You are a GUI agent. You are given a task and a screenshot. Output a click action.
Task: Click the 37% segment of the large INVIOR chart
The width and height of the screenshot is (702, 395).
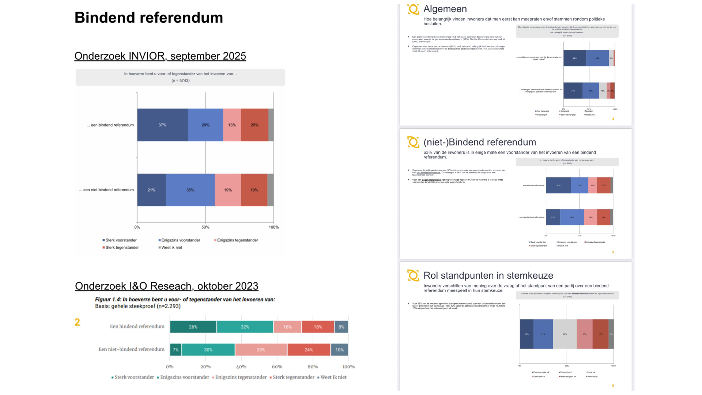(162, 125)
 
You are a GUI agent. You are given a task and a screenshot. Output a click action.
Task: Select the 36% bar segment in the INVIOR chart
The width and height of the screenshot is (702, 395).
(190, 190)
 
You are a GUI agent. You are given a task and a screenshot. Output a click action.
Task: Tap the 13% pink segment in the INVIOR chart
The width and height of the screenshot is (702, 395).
(232, 125)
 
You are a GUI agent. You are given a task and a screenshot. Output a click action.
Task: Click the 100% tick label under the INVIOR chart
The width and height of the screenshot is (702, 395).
(273, 227)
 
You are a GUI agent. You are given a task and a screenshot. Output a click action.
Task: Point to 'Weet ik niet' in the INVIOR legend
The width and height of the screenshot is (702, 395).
(171, 248)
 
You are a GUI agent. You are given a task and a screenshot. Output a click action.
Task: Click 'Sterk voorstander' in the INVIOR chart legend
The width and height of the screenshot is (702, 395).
(121, 240)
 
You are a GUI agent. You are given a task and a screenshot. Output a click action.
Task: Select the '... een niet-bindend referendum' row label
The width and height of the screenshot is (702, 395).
(106, 190)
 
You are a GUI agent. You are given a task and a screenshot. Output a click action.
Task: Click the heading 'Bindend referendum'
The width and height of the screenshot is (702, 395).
(149, 18)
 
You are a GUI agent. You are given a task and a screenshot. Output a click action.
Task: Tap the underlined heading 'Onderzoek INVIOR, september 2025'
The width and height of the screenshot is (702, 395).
(160, 56)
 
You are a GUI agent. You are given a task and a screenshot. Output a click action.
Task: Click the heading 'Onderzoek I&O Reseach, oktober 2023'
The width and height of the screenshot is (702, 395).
(167, 286)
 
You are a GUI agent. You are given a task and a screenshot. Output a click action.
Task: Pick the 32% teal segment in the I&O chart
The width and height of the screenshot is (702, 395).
(245, 327)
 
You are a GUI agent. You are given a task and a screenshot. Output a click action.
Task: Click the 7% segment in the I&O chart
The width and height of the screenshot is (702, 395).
(175, 350)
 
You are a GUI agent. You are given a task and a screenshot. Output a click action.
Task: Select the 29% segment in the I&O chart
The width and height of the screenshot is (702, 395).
(261, 350)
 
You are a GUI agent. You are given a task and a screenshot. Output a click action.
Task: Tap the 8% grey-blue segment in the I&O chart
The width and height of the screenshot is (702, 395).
(341, 327)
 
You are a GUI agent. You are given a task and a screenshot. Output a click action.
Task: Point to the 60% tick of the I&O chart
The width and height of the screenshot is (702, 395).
(277, 366)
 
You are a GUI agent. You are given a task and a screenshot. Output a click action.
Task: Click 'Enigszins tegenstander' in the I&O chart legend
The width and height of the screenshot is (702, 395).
(241, 377)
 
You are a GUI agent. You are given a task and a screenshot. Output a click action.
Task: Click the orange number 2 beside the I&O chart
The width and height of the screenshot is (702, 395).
(77, 322)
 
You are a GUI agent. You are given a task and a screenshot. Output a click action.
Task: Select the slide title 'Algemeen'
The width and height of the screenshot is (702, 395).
(445, 9)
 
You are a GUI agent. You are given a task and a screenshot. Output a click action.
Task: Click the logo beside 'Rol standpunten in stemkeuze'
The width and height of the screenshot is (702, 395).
(413, 275)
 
